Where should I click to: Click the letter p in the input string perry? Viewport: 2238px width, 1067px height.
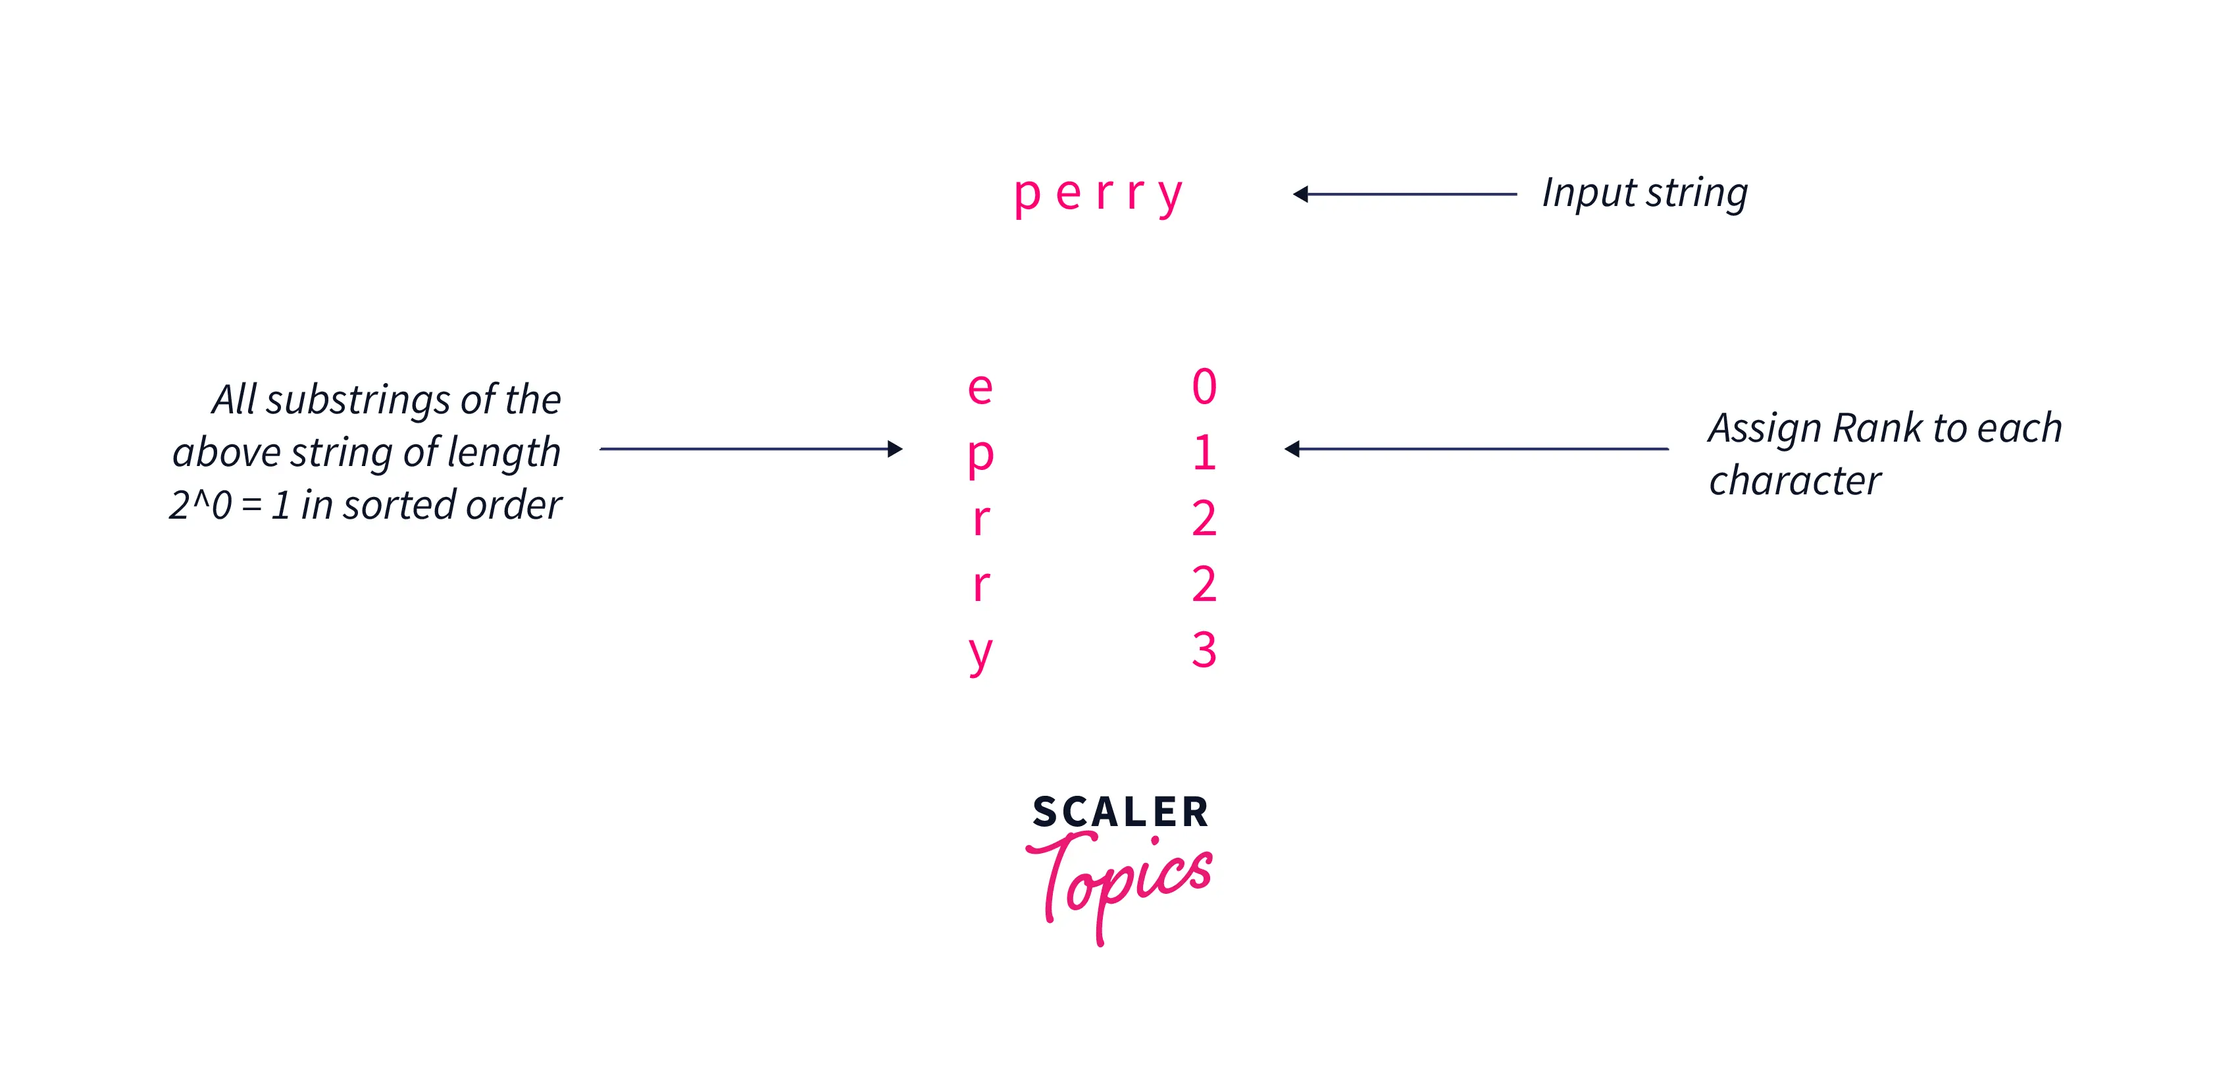[1027, 195]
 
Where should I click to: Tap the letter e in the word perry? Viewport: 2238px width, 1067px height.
[1069, 194]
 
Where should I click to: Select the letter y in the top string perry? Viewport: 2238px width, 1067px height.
[1170, 195]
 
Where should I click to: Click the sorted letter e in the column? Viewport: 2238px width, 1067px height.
[980, 388]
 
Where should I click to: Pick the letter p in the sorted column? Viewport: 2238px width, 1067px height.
[980, 455]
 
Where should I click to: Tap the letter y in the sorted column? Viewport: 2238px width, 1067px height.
[980, 654]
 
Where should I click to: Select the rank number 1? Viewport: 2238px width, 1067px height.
[1204, 453]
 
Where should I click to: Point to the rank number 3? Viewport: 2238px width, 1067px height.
[1204, 650]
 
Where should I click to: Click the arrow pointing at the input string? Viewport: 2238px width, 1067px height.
[1404, 194]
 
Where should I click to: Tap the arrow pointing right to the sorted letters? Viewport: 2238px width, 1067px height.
[751, 448]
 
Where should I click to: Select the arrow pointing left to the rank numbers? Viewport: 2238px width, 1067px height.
[1475, 448]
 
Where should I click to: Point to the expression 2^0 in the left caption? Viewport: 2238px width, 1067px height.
[200, 505]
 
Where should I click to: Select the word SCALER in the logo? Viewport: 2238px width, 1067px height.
[1120, 812]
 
